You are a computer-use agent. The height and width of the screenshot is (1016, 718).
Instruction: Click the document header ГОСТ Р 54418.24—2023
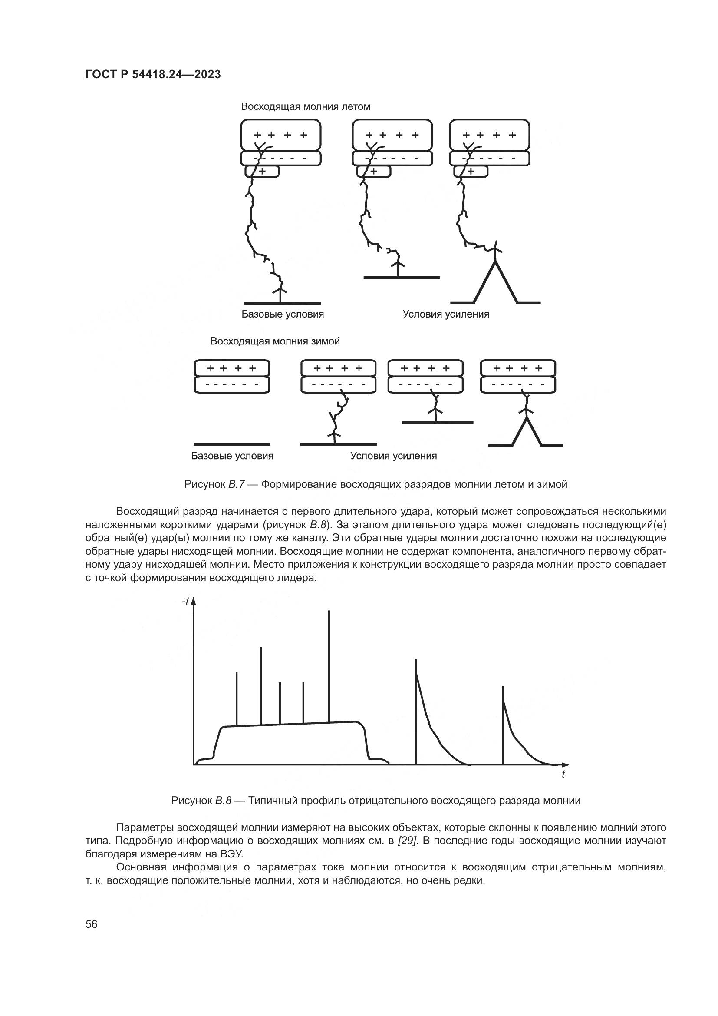click(153, 75)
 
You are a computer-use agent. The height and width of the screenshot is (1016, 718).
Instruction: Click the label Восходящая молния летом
click(306, 107)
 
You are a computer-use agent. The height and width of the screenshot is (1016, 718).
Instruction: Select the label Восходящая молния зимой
click(275, 341)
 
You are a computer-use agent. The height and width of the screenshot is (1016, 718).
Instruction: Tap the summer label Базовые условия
click(283, 314)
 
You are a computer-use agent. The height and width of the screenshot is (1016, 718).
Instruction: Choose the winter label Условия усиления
click(393, 456)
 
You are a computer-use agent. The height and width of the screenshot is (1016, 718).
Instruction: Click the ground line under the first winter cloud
click(232, 444)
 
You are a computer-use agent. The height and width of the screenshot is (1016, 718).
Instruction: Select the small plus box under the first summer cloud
click(262, 171)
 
